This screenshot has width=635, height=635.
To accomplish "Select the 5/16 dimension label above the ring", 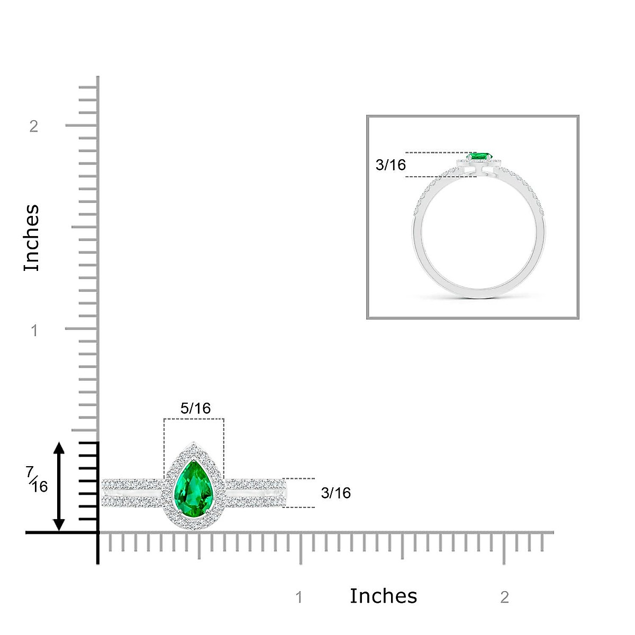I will (195, 408).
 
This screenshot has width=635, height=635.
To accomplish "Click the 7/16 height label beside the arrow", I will (38, 479).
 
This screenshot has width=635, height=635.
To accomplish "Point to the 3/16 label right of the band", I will (335, 493).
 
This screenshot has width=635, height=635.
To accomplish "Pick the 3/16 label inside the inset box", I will (391, 165).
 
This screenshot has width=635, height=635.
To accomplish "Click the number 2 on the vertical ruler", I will (34, 126).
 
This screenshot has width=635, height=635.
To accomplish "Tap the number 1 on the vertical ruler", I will (34, 331).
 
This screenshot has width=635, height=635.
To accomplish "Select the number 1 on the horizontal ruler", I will (299, 597).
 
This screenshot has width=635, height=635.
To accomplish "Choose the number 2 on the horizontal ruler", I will (504, 597).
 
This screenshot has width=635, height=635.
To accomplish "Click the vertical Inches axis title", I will (32, 238).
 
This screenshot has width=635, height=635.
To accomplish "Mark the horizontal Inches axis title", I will (383, 596).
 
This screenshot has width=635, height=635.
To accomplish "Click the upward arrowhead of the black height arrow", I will (59, 448).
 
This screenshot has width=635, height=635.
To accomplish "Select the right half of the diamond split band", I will (257, 493).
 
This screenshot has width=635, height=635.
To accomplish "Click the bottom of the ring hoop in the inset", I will (479, 292).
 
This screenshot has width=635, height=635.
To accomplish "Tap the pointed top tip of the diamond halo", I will (194, 443).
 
